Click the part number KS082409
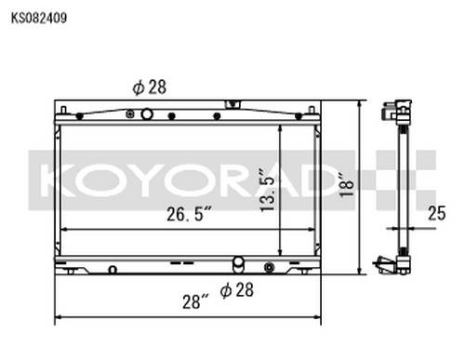tap(39, 18)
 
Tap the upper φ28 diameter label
tap(149, 87)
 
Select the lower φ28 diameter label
tap(236, 290)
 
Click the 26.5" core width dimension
tap(189, 214)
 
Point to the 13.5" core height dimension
tap(268, 191)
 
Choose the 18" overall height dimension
tap(347, 185)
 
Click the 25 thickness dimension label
tap(437, 213)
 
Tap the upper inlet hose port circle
tap(147, 114)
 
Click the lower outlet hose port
tap(238, 264)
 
